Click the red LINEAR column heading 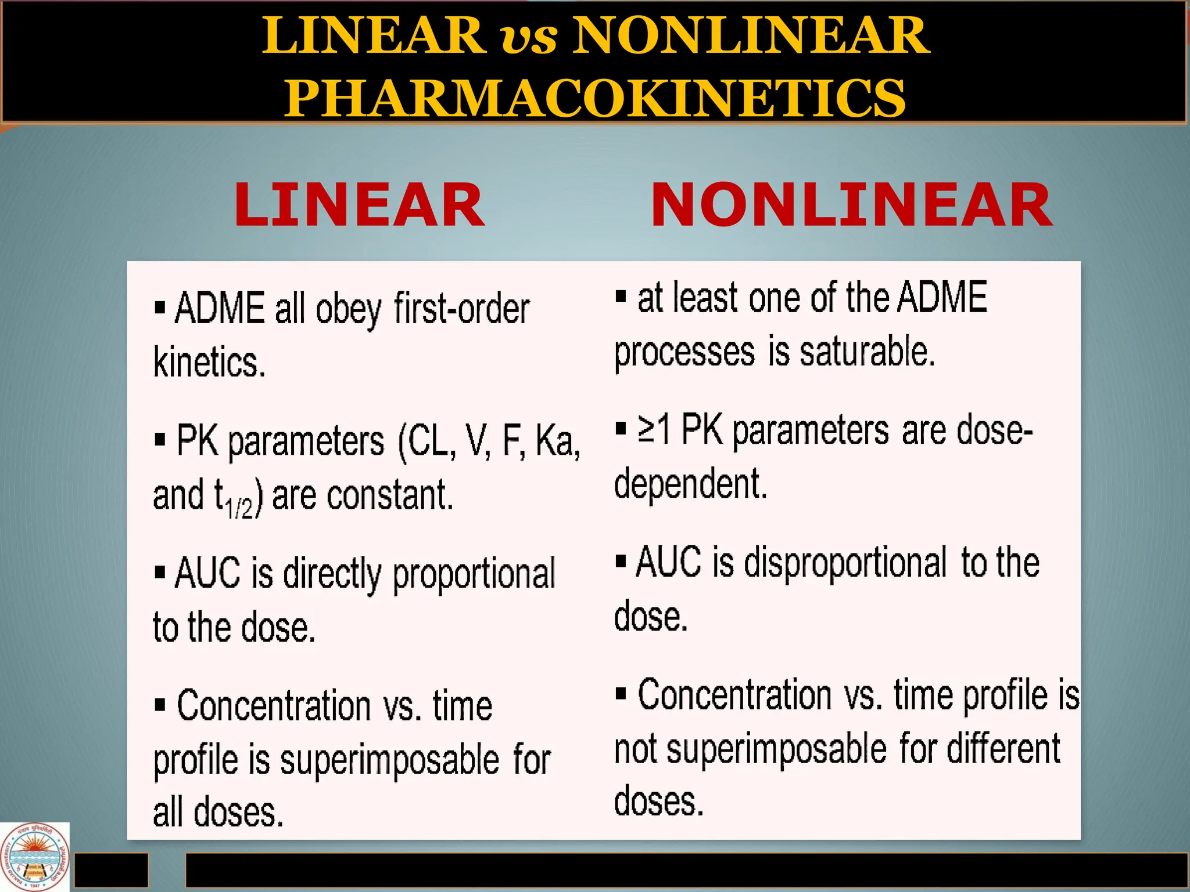[359, 205]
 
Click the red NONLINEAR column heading [851, 205]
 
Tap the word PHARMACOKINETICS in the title [594, 98]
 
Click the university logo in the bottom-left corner [35, 857]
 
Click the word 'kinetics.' [209, 362]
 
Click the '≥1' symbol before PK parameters [654, 430]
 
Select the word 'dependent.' [690, 483]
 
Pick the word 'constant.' [390, 495]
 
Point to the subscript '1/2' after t [239, 508]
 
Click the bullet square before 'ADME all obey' [160, 307]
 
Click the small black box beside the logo [112, 869]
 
